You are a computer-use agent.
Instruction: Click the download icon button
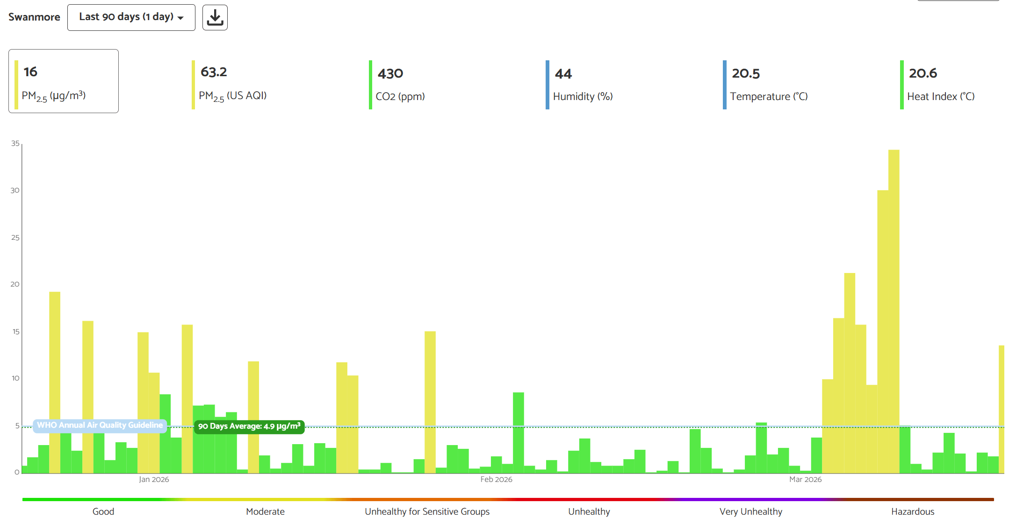(215, 18)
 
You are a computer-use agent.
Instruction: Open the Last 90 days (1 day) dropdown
(131, 17)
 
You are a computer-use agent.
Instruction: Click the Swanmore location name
(34, 17)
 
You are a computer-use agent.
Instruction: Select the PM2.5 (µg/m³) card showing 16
(64, 81)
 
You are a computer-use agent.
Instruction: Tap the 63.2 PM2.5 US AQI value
(214, 72)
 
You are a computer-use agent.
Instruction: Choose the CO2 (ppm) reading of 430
(390, 73)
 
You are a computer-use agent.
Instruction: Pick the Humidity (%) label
(583, 96)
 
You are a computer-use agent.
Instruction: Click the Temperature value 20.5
(746, 73)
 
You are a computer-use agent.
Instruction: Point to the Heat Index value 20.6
(923, 73)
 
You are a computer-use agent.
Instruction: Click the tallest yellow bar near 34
(894, 309)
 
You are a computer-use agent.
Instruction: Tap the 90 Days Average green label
(249, 426)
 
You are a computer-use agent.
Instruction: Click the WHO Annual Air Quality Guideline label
(100, 425)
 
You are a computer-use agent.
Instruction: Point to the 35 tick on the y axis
(15, 144)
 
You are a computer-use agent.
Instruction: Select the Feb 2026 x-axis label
(496, 480)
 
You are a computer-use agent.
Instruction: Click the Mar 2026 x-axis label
(805, 480)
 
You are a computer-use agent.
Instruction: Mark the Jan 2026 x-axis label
(154, 480)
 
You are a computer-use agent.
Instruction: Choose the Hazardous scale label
(912, 511)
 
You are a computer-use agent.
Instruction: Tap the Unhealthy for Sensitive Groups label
(427, 511)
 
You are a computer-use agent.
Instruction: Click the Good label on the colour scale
(103, 511)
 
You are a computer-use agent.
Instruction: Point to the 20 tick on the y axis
(15, 284)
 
